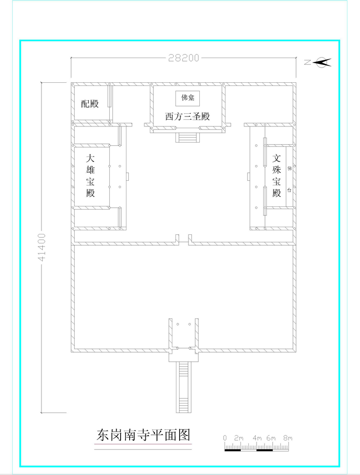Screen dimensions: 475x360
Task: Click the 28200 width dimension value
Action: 184,58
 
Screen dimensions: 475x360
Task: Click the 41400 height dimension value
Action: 42,247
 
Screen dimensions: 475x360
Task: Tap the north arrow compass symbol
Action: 324,63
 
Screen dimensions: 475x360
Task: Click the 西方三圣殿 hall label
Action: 188,117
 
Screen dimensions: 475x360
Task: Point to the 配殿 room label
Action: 90,103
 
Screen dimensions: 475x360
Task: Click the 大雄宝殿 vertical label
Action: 90,176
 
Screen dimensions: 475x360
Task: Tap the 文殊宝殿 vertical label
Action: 277,176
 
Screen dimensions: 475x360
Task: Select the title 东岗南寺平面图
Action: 143,435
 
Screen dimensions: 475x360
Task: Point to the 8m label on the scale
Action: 288,438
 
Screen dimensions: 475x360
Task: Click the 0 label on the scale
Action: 225,438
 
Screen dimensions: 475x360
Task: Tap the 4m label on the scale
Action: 257,438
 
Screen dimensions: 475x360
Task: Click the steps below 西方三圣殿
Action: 188,137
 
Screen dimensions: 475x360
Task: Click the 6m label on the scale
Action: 272,438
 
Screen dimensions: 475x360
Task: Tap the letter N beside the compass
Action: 307,63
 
